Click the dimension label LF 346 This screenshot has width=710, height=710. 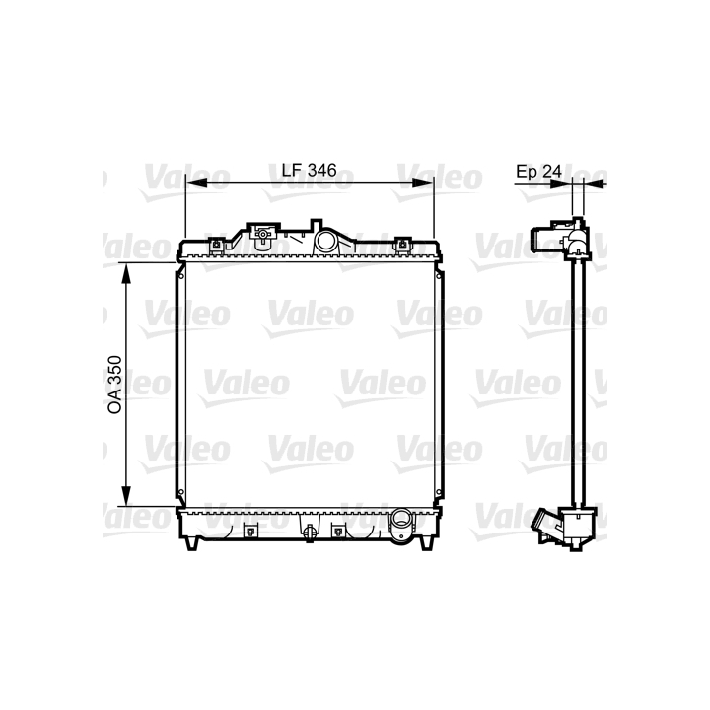tap(310, 171)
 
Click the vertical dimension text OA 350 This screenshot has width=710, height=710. tap(115, 385)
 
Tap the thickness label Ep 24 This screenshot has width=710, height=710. tap(538, 172)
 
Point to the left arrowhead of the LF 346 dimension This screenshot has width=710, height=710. tap(196, 183)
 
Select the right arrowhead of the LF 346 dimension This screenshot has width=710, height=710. tap(423, 183)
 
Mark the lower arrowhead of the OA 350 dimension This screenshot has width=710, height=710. tap(126, 495)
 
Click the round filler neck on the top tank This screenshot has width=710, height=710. tap(325, 241)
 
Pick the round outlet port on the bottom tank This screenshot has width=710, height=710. tap(401, 518)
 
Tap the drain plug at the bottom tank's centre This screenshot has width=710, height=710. tap(310, 532)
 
